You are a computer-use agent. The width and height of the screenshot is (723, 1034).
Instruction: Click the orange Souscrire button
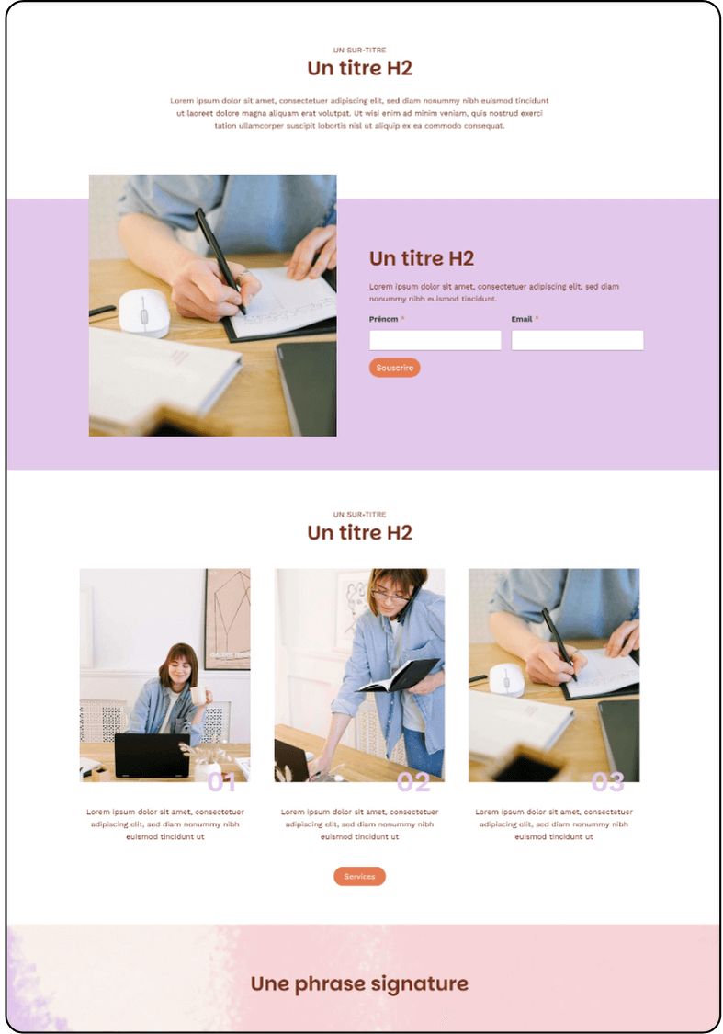pyautogui.click(x=394, y=368)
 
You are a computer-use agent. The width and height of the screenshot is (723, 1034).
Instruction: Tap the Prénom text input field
pyautogui.click(x=435, y=340)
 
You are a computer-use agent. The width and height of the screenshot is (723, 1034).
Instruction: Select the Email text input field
pyautogui.click(x=577, y=340)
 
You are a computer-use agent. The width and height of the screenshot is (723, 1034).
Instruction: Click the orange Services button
pyautogui.click(x=359, y=877)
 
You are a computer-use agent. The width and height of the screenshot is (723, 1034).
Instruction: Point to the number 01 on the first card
pyautogui.click(x=221, y=782)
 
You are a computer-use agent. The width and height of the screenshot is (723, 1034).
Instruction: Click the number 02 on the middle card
pyautogui.click(x=413, y=782)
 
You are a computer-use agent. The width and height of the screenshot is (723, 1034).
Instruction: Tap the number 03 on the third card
pyautogui.click(x=607, y=782)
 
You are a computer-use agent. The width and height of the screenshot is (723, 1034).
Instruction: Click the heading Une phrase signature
pyautogui.click(x=359, y=983)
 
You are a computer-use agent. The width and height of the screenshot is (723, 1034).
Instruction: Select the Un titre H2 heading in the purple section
pyautogui.click(x=421, y=258)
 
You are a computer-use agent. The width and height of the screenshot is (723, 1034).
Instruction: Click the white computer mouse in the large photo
pyautogui.click(x=144, y=312)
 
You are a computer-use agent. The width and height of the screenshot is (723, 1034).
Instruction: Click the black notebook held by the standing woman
pyautogui.click(x=399, y=675)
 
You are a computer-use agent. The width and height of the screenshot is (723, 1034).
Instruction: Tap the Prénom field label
pyautogui.click(x=384, y=319)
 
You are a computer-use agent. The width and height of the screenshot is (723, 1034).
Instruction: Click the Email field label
pyautogui.click(x=521, y=319)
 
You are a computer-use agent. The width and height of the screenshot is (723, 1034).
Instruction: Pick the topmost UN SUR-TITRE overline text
pyautogui.click(x=359, y=51)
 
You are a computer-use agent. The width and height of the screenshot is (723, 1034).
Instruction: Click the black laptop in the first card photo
pyautogui.click(x=153, y=756)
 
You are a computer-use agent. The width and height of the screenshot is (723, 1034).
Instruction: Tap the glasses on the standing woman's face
pyautogui.click(x=391, y=597)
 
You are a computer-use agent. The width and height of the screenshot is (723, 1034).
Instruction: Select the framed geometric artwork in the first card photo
pyautogui.click(x=228, y=619)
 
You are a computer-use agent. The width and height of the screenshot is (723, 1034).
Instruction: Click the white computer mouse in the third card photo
pyautogui.click(x=506, y=680)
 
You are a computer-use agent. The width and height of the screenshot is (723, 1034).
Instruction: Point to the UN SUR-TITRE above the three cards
pyautogui.click(x=359, y=515)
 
